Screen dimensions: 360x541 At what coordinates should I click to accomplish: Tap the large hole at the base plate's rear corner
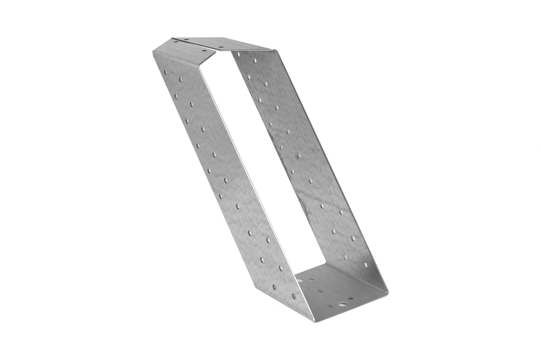(301, 280)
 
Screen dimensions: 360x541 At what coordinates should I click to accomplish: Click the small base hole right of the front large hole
(351, 298)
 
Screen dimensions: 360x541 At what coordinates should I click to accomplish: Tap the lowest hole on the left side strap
(294, 296)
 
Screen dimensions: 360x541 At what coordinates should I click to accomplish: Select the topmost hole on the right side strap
(238, 54)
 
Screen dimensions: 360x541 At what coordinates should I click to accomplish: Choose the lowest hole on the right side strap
(366, 265)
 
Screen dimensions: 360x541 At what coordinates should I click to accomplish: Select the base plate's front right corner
(387, 294)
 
